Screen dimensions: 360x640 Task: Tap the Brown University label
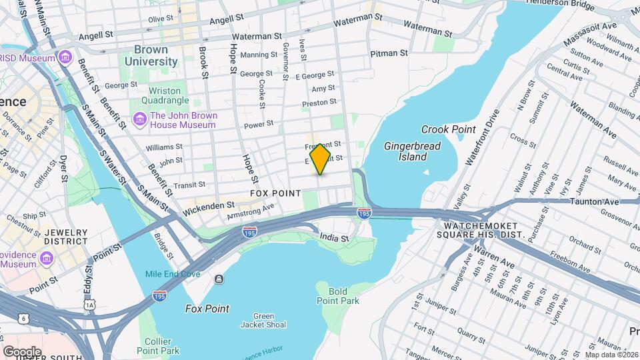pyautogui.click(x=155, y=56)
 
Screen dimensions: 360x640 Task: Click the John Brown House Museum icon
pyautogui.click(x=140, y=119)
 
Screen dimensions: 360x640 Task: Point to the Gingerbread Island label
pyautogui.click(x=405, y=151)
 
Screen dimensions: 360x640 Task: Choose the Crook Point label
pyautogui.click(x=448, y=129)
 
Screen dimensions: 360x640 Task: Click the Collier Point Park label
pyautogui.click(x=158, y=345)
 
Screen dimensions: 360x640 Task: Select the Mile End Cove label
pyautogui.click(x=173, y=274)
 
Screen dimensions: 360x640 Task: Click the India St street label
pyautogui.click(x=335, y=238)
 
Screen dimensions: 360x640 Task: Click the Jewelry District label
pyautogui.click(x=65, y=237)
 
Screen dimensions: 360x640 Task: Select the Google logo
pyautogui.click(x=22, y=351)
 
